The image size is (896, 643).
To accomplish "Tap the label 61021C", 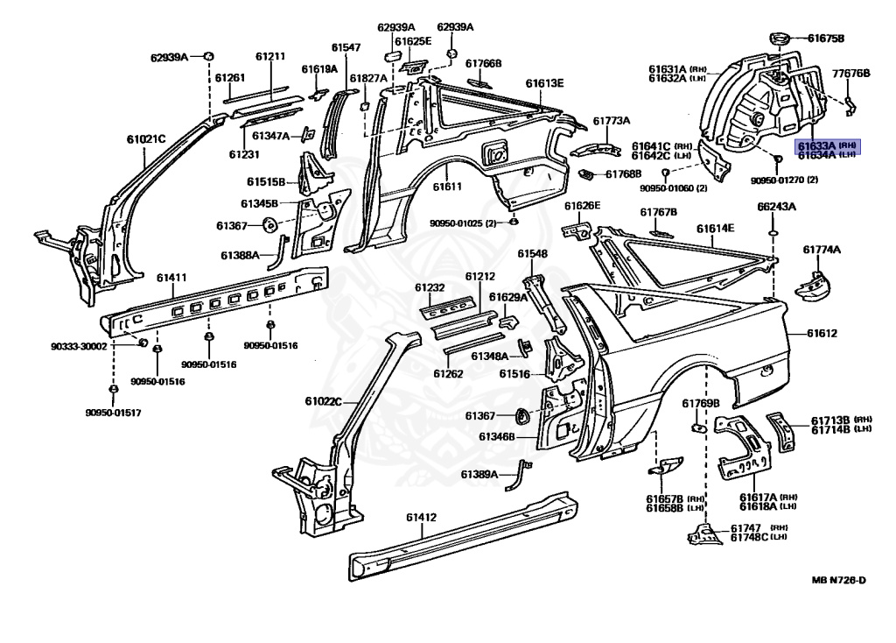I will coord(146,138).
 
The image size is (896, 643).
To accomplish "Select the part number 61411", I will coord(171,278).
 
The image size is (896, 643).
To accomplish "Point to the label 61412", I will coord(420,517).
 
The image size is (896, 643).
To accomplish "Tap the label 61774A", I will coord(822,250).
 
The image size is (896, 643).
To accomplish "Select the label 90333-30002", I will coord(78,346).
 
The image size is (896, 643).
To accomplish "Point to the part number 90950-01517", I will coord(112,412).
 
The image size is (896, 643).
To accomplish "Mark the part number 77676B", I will coord(851,74).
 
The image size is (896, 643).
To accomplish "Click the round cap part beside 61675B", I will coord(777,38).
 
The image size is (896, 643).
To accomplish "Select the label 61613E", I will coord(544,83).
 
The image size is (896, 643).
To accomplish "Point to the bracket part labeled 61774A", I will coord(810,284).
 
